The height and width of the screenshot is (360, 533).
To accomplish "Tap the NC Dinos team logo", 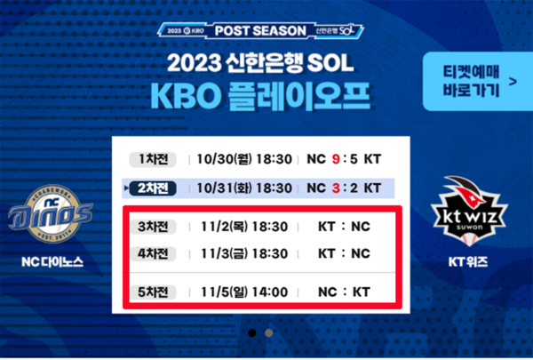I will tap(51, 215).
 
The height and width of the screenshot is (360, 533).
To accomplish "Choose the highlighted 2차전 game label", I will tap(154, 188).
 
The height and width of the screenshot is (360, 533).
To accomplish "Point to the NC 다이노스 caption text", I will tap(51, 263).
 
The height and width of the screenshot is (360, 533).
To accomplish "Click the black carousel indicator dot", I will tap(251, 332).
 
